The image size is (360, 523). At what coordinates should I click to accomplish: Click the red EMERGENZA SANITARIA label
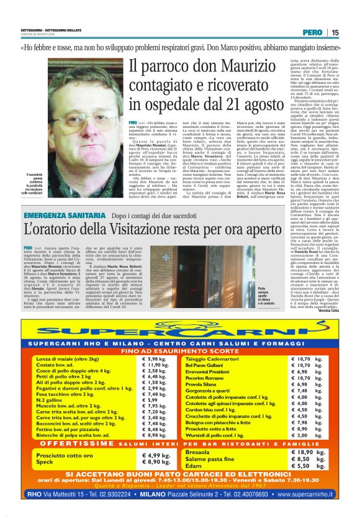58,215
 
